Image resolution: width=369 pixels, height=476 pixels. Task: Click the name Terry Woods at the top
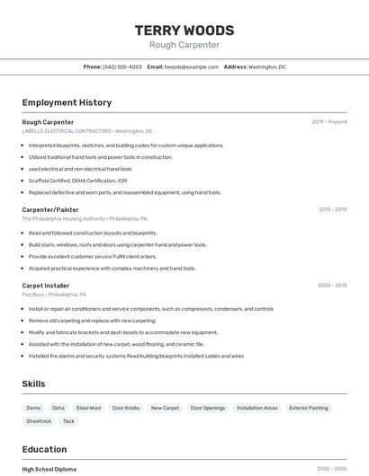tap(184, 30)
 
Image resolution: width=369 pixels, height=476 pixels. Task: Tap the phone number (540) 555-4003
tap(121, 66)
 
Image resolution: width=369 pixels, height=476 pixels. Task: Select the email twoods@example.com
tap(192, 66)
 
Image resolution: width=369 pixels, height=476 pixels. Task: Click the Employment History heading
tap(67, 102)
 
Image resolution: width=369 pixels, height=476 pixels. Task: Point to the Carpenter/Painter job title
tap(50, 209)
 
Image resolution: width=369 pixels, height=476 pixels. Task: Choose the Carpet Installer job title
tap(47, 286)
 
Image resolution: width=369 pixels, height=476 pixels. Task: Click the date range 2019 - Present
tap(329, 122)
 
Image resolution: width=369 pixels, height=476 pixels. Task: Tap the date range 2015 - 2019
tap(332, 209)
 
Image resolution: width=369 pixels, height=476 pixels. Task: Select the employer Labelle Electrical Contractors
tap(67, 131)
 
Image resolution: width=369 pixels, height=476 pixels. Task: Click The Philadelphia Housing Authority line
tap(63, 218)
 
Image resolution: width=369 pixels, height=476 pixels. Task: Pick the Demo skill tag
tap(33, 408)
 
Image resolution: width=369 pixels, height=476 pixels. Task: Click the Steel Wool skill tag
tap(88, 408)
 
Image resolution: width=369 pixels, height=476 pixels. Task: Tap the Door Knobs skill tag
tap(126, 408)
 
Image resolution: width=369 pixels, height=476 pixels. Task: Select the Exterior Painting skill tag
tap(309, 408)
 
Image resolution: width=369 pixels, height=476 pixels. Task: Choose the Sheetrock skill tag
tap(39, 421)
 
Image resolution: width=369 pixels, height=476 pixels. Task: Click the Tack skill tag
tap(68, 421)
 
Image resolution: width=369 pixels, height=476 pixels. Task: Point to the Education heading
tap(44, 449)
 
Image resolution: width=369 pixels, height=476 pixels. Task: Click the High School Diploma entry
tap(49, 469)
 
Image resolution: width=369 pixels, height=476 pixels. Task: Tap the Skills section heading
tap(33, 383)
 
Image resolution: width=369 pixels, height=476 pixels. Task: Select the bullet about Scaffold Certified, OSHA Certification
tap(77, 181)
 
